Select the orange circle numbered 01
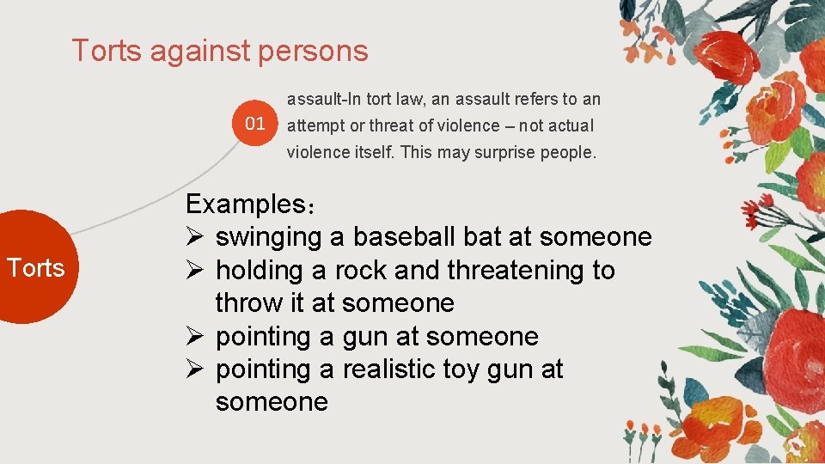point(255,124)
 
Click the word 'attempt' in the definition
point(313,125)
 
